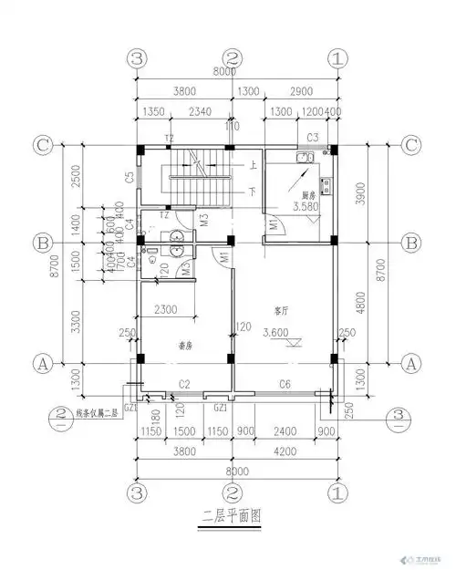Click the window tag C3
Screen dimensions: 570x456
coord(312,138)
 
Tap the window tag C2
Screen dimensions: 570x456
coord(183,384)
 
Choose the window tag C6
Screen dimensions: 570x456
coord(285,384)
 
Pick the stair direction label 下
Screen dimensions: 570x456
coord(252,193)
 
